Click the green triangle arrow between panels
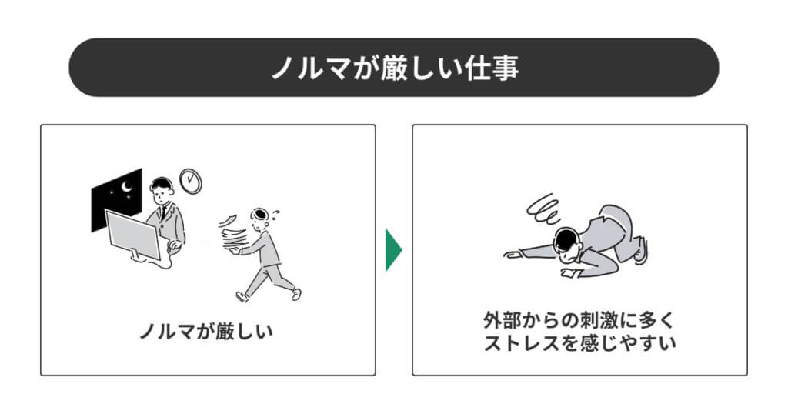393,249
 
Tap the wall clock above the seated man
191,181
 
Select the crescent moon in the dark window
127,187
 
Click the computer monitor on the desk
132,235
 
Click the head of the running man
260,218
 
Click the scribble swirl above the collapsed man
543,208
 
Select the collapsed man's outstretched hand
513,255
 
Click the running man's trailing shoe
242,296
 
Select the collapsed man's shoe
641,251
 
